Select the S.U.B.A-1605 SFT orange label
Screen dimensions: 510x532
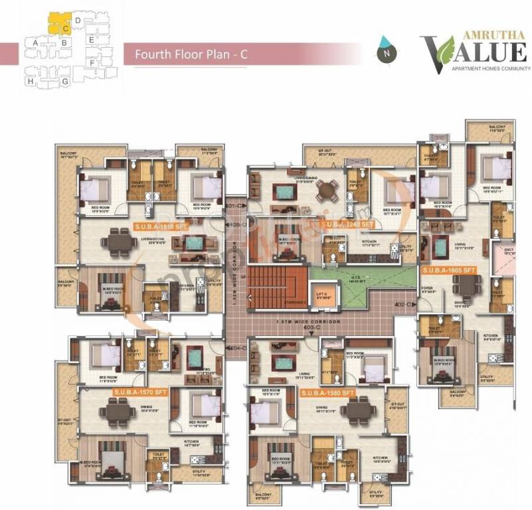coord(449,270)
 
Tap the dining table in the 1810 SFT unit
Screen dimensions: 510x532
coord(122,242)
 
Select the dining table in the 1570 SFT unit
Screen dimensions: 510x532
coord(118,413)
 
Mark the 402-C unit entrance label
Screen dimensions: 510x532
coord(404,304)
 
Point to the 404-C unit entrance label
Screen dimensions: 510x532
coord(238,348)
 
